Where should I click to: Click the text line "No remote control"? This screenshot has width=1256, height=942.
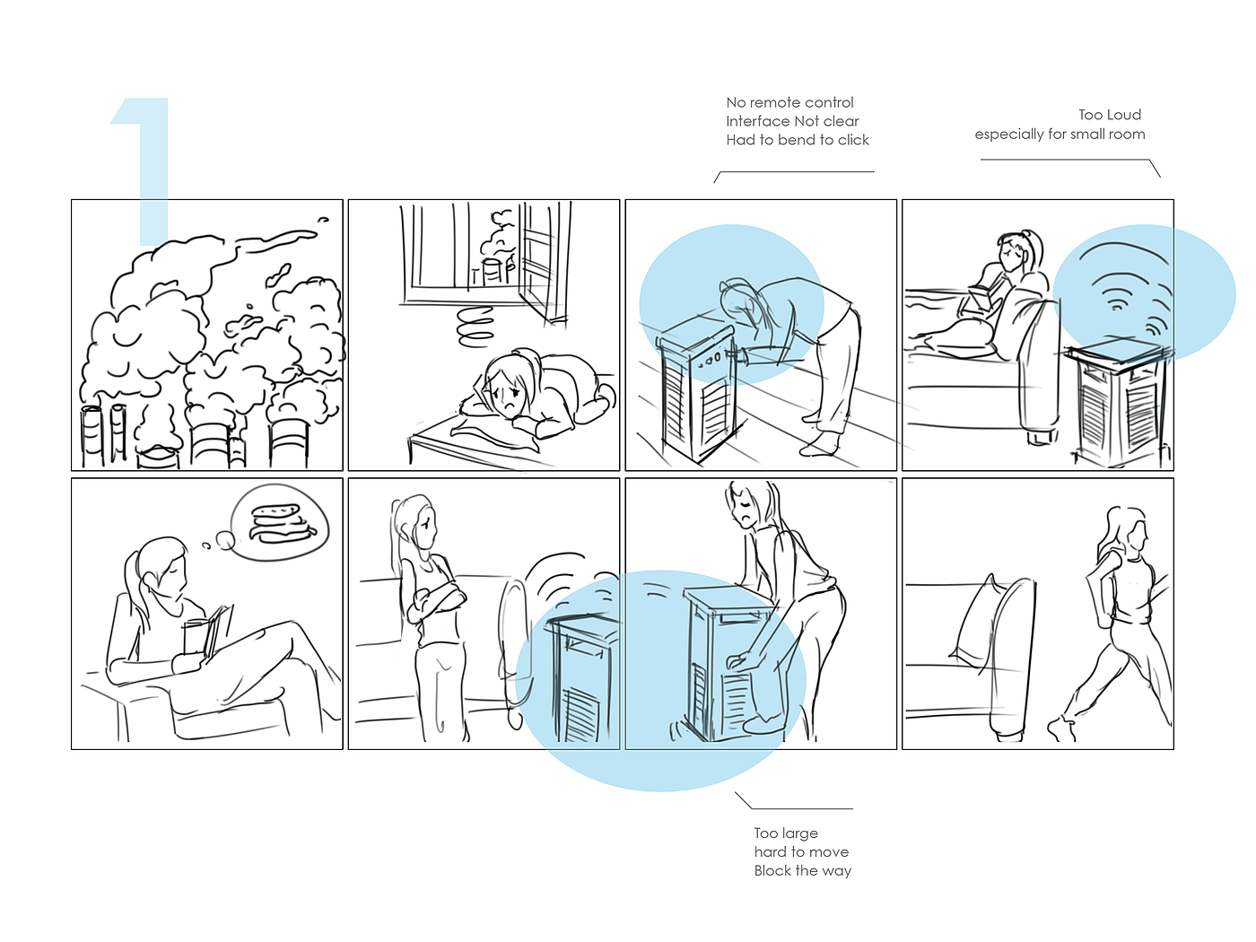(789, 103)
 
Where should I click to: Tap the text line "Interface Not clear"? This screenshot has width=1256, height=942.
(792, 121)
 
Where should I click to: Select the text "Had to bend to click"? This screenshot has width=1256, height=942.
(798, 140)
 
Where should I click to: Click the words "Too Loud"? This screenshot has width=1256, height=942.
(1110, 115)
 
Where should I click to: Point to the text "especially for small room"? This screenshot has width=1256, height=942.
(1060, 135)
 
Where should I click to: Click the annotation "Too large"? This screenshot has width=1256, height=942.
(786, 833)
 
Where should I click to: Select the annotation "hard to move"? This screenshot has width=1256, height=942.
(801, 851)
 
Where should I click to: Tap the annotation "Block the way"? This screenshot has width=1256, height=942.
(802, 870)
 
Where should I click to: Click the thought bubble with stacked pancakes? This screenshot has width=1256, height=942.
(280, 522)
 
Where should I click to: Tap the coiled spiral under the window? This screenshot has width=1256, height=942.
(475, 327)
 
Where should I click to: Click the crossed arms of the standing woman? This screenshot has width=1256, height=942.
(438, 600)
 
